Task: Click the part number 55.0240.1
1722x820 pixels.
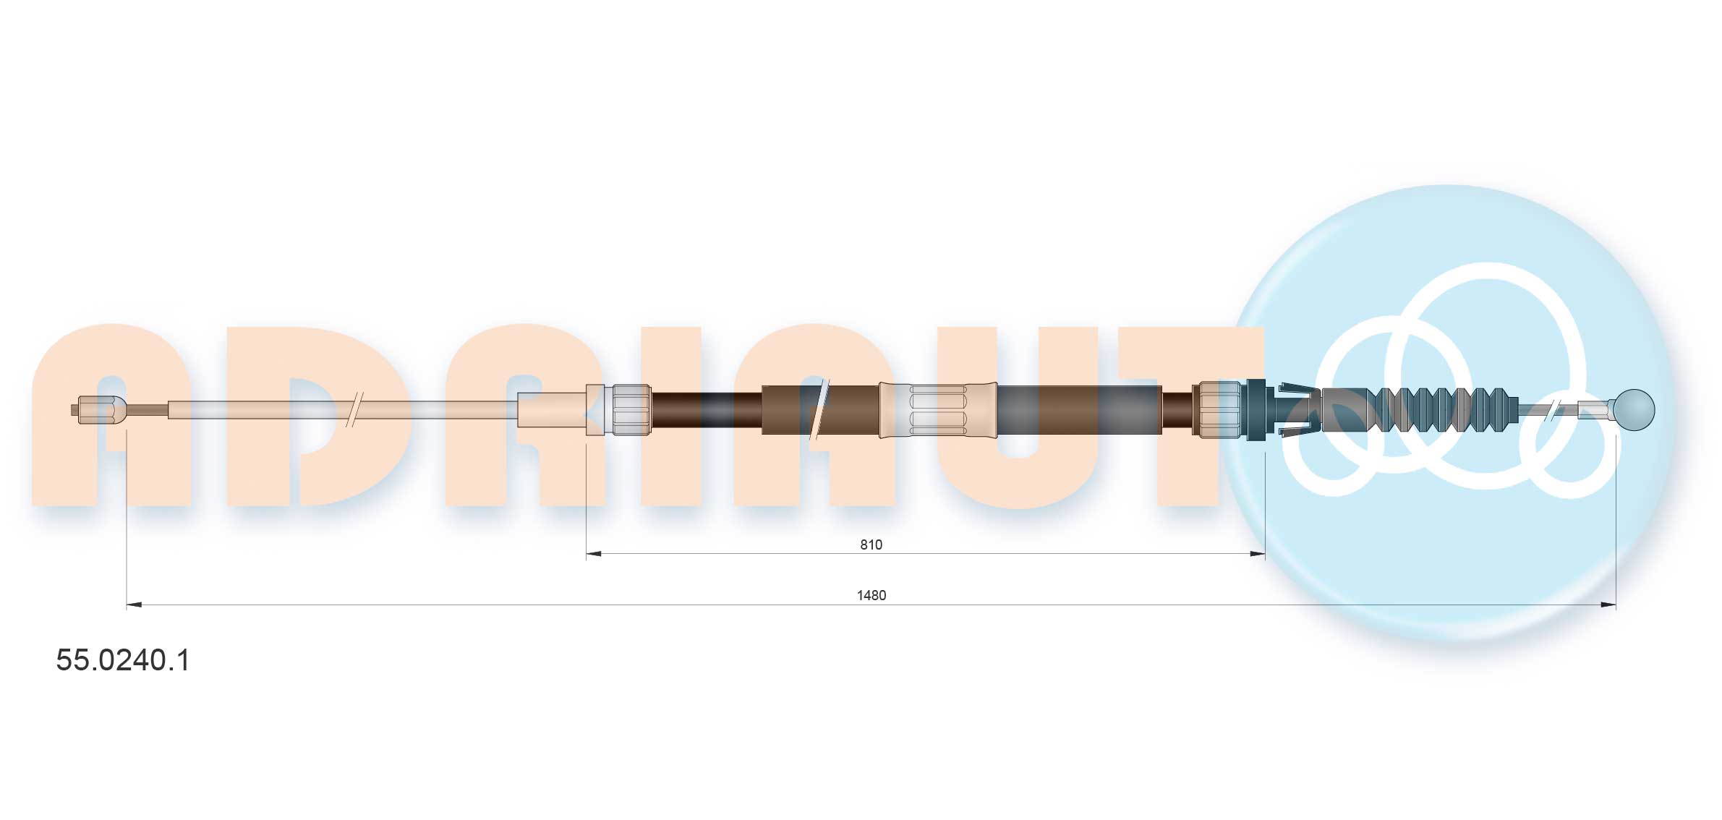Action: (x=123, y=660)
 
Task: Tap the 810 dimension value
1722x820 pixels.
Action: (x=871, y=544)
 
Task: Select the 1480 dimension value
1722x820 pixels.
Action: (x=871, y=595)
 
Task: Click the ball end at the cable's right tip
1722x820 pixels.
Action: (x=1634, y=410)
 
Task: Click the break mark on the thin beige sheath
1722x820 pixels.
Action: (x=354, y=410)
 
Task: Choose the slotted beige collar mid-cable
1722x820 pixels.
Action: (x=938, y=410)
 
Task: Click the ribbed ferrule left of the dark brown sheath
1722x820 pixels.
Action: (x=631, y=410)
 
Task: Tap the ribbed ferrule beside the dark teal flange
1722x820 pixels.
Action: (x=1219, y=410)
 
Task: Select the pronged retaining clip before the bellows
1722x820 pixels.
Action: (x=1295, y=410)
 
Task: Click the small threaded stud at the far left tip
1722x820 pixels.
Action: (x=75, y=410)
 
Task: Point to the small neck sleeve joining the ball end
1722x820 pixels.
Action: (x=1595, y=409)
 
